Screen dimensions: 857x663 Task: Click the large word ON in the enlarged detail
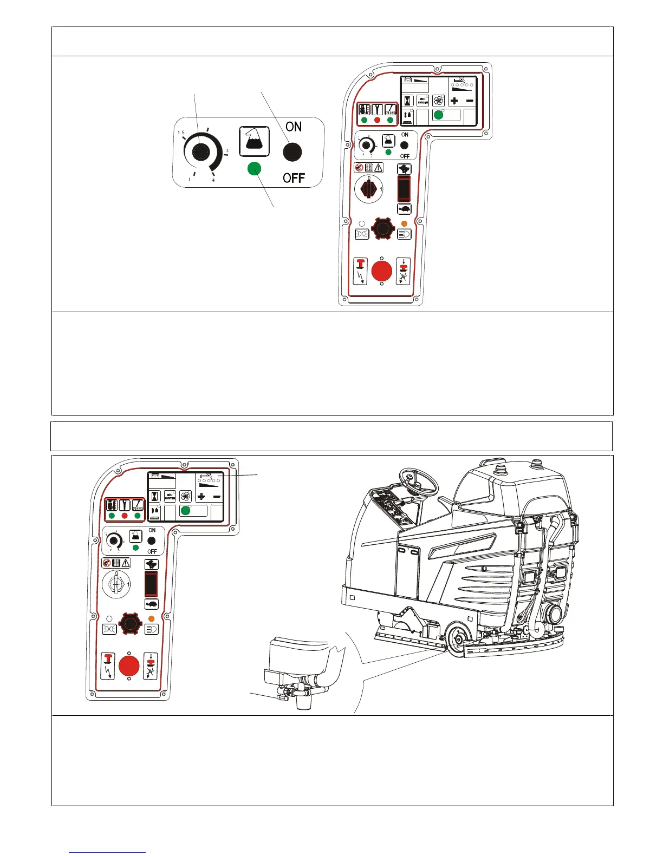(294, 127)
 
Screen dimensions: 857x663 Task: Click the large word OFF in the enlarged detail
(294, 178)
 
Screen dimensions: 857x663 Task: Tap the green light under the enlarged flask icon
(254, 169)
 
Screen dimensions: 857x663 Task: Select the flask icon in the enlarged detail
(254, 142)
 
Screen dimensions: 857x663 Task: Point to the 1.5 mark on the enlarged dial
(181, 133)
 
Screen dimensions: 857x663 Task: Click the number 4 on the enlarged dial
(213, 180)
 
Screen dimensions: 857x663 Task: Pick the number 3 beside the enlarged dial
(227, 151)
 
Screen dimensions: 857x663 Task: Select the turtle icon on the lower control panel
(151, 604)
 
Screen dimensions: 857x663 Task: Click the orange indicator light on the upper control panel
(404, 223)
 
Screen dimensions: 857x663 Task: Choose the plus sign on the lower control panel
(201, 496)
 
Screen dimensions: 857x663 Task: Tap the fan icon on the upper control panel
(438, 101)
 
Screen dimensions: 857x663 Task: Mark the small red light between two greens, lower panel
(125, 516)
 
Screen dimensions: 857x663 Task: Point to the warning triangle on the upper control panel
(378, 168)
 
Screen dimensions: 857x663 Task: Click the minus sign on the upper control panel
(470, 101)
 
